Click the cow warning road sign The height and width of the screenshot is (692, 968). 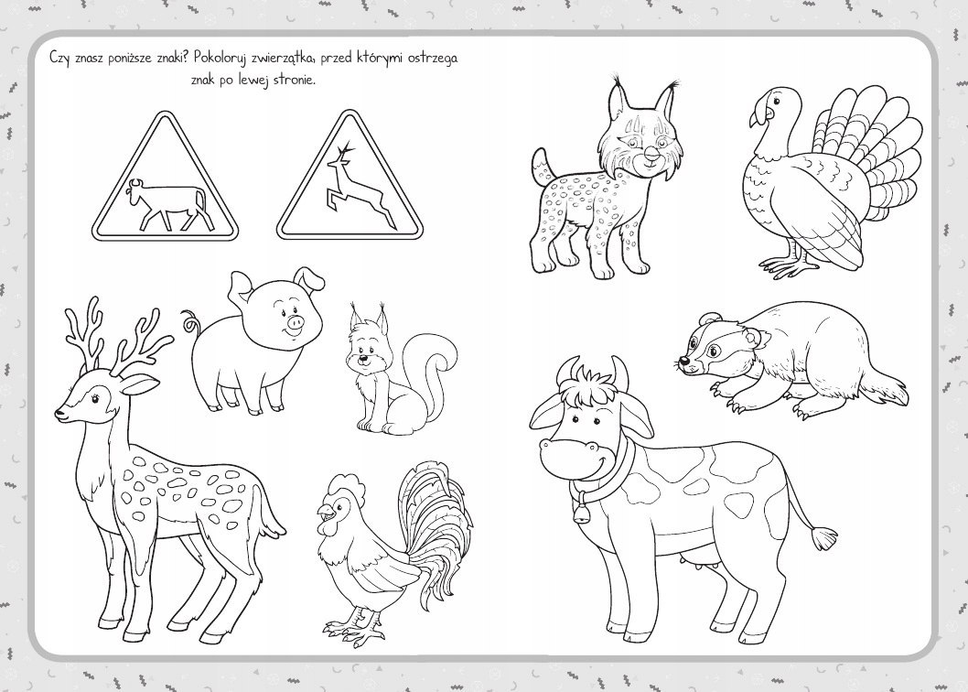pos(165,179)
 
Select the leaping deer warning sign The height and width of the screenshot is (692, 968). pos(350,179)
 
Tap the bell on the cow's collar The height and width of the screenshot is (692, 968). pos(581,513)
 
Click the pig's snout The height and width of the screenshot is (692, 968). pos(296,322)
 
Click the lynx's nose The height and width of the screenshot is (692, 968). pos(651,151)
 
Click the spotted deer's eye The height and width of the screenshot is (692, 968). pos(96,398)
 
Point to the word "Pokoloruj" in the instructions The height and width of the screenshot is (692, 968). pos(220,58)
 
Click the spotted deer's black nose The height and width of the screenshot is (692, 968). pos(59,413)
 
